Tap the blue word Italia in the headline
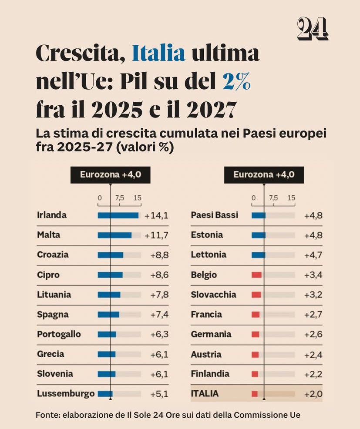click(x=158, y=54)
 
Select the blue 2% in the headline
click(x=236, y=82)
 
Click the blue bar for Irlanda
click(x=118, y=215)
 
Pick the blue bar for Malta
click(x=114, y=235)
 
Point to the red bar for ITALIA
click(x=255, y=394)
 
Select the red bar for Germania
click(x=256, y=334)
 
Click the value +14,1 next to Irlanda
click(x=156, y=215)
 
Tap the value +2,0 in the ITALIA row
click(x=313, y=394)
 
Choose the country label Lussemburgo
click(x=66, y=394)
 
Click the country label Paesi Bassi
click(x=215, y=215)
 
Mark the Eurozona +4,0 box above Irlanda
click(x=111, y=175)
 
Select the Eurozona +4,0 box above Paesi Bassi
click(x=264, y=175)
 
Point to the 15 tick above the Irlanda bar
click(x=138, y=198)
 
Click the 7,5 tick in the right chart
click(x=273, y=198)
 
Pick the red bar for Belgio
click(x=256, y=275)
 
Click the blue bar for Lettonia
click(x=258, y=255)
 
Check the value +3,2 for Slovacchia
click(x=313, y=295)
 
